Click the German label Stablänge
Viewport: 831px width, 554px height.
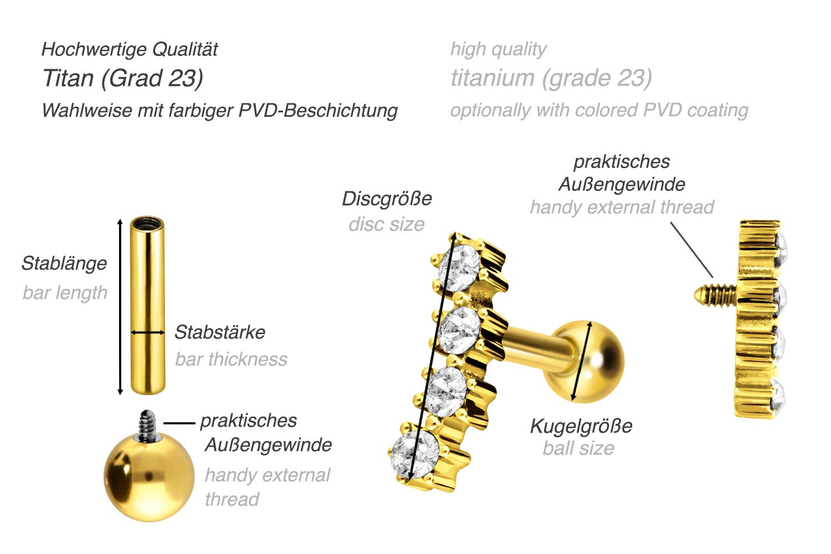(64, 263)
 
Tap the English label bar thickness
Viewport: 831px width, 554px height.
(231, 359)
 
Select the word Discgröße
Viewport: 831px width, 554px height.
(387, 199)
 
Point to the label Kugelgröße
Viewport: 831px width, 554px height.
(581, 426)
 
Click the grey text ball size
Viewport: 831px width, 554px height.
(578, 448)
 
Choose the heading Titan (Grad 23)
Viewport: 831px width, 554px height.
(122, 78)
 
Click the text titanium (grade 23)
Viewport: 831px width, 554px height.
(551, 78)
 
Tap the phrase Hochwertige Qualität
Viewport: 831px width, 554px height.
(130, 49)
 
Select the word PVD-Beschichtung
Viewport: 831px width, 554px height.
(318, 110)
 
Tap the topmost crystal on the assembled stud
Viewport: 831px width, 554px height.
(459, 267)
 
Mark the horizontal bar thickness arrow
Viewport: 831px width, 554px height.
(147, 333)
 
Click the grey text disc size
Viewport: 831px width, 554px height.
(386, 224)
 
